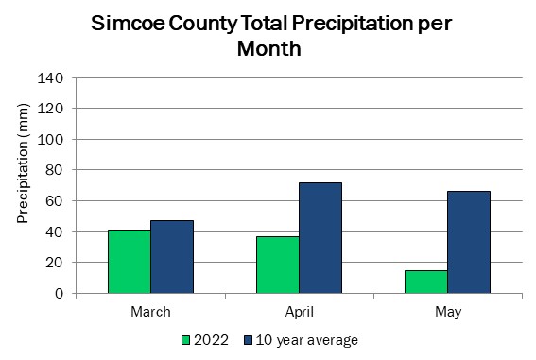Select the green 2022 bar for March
(x=130, y=262)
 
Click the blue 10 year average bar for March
(x=172, y=257)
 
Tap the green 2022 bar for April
(x=278, y=265)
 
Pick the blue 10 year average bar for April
(x=320, y=238)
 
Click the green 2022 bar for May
(x=426, y=282)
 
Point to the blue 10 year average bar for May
(x=469, y=242)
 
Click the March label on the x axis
(x=150, y=312)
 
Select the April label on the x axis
(x=300, y=312)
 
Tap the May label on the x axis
(x=448, y=313)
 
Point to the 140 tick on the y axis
(x=50, y=78)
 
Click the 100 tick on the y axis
(x=50, y=139)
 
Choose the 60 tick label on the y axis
(x=54, y=201)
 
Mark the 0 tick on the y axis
(x=60, y=294)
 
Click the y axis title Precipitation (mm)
(x=23, y=163)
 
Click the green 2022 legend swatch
(x=185, y=340)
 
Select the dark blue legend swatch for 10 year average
(x=249, y=340)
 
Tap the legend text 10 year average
(x=307, y=340)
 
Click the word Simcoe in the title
(x=129, y=24)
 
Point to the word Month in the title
(x=269, y=49)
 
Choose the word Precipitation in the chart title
(x=352, y=25)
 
